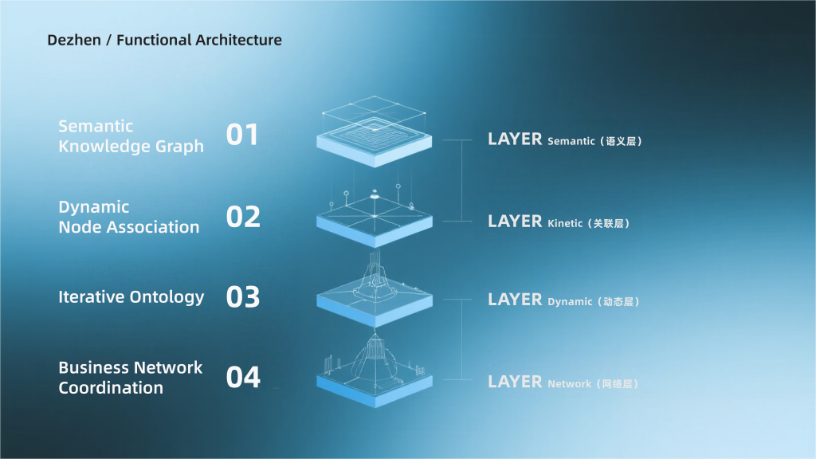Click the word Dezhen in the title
pos(74,40)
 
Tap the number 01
pos(242,135)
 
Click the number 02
pos(243,217)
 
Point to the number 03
pos(243,297)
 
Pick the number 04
pos(243,377)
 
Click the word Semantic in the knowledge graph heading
pos(96,127)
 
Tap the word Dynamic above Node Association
pos(94,208)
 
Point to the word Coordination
pos(111,388)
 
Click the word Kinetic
pos(565,223)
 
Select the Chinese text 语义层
pos(620,141)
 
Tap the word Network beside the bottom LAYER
pos(569,384)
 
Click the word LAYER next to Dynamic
pos(515,300)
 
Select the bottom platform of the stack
pos(375,376)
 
